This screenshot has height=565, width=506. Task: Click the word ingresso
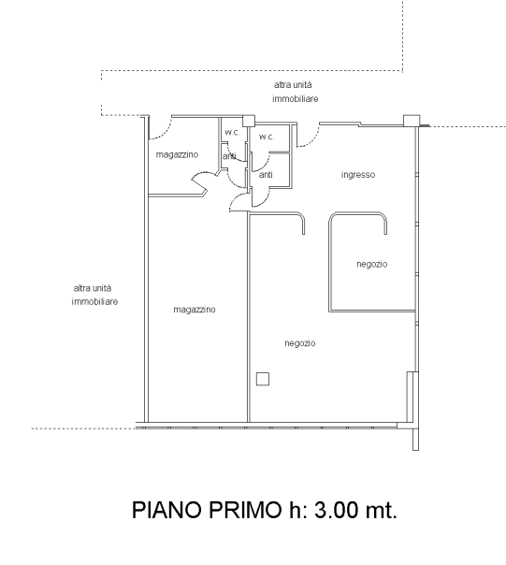[358, 175]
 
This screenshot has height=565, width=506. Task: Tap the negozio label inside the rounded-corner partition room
[372, 264]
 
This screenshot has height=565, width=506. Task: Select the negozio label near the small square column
[300, 343]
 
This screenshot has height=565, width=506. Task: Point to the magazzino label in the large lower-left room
[195, 310]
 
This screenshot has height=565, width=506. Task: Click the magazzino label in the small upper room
[177, 154]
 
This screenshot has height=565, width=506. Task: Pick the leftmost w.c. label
[233, 132]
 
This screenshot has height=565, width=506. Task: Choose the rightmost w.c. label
[267, 137]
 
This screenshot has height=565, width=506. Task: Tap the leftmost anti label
[229, 156]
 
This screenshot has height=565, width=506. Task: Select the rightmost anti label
[266, 175]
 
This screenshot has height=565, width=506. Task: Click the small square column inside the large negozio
[263, 379]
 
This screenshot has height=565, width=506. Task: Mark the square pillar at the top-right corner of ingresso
[412, 121]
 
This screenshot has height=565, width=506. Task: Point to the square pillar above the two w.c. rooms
[249, 121]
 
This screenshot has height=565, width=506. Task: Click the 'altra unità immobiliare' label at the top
[296, 92]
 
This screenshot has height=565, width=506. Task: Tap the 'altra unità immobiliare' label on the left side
[94, 295]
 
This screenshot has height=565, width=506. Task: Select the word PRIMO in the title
[245, 510]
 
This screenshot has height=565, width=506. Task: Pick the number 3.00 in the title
[337, 510]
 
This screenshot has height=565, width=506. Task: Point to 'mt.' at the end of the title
[382, 510]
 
